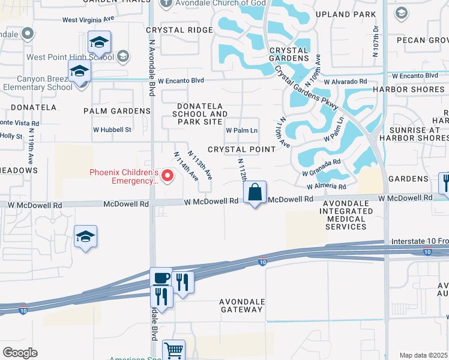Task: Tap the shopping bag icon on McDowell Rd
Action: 255,193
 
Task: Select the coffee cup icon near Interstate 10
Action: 161,278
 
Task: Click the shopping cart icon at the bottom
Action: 173,350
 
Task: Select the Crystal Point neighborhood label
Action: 241,149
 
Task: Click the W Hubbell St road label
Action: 112,130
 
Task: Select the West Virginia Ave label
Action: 88,19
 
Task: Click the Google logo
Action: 20,353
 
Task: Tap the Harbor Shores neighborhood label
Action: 417,90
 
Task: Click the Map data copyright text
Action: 424,355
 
